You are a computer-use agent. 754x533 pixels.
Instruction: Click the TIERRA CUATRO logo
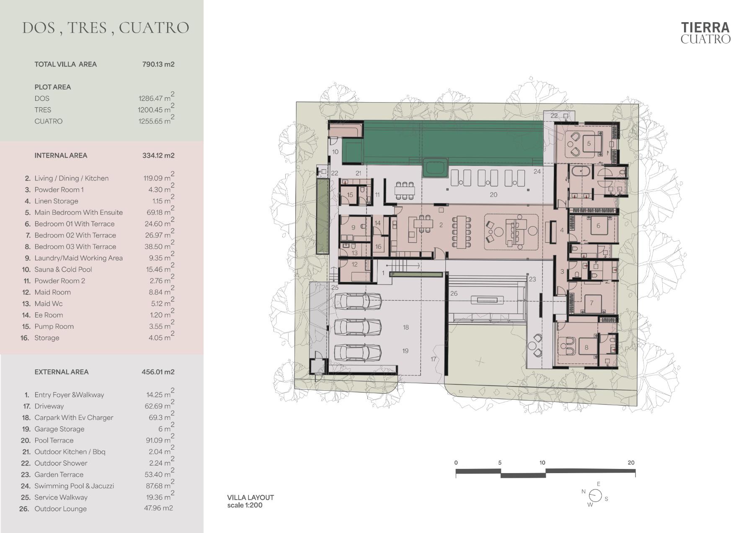(x=705, y=33)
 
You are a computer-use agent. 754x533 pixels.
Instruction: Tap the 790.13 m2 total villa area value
(x=158, y=64)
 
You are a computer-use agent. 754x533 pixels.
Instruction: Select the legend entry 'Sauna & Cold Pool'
(x=63, y=269)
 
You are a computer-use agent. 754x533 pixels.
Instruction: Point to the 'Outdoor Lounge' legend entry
(x=61, y=509)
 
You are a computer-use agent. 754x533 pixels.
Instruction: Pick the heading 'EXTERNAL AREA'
(x=62, y=372)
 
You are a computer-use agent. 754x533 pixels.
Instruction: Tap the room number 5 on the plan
(x=589, y=143)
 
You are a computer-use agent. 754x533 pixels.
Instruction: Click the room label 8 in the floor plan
(x=586, y=347)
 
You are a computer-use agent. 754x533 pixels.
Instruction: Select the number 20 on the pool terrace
(x=493, y=195)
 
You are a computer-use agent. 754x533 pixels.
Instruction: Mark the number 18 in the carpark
(x=405, y=327)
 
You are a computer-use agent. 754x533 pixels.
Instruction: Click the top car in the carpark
(x=358, y=301)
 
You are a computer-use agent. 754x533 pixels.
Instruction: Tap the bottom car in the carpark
(x=358, y=353)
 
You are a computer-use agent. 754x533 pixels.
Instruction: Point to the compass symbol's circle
(x=595, y=495)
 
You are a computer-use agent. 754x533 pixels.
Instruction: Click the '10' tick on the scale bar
(x=542, y=463)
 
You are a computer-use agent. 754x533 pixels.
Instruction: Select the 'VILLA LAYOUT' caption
(x=250, y=497)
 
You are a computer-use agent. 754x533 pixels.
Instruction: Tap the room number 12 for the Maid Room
(x=355, y=264)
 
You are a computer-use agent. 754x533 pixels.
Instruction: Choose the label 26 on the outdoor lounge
(x=454, y=294)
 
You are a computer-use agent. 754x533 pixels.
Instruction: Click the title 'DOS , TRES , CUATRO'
(x=106, y=28)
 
